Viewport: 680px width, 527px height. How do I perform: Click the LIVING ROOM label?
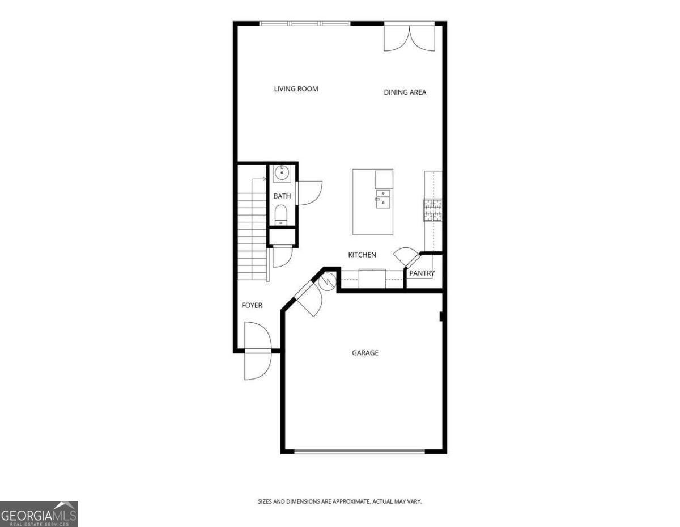point(296,89)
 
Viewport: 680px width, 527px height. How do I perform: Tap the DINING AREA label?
point(405,92)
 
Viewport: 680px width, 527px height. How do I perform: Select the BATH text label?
point(282,196)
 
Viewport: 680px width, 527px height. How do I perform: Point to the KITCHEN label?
point(362,255)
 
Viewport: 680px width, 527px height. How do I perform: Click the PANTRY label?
point(422,273)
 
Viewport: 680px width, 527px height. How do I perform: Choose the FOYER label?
point(252,306)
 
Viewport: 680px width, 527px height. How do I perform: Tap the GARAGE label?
point(365,353)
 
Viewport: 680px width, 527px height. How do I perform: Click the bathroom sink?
point(282,172)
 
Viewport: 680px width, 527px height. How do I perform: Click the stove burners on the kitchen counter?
point(432,209)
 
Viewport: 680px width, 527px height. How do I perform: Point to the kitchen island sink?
point(383,198)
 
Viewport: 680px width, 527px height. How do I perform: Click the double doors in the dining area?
point(409,37)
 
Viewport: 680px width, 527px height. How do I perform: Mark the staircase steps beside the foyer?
point(252,235)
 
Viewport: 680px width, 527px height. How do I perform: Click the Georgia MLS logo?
point(39,514)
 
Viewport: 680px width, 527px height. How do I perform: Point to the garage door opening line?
point(360,452)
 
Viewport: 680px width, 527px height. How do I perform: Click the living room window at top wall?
point(305,23)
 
